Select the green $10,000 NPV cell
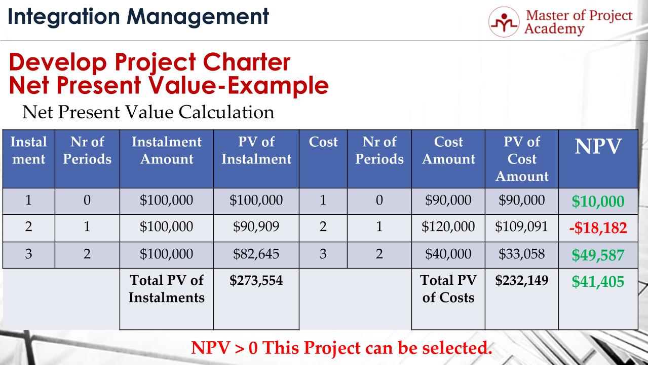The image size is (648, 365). [x=598, y=202]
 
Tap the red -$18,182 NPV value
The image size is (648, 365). [x=598, y=227]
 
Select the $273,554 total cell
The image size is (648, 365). [x=256, y=280]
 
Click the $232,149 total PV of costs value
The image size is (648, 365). [x=521, y=280]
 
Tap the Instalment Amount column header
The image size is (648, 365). [x=166, y=150]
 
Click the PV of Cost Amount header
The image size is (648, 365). [x=521, y=159]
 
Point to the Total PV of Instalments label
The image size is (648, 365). [x=166, y=288]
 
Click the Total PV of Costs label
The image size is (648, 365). [x=448, y=288]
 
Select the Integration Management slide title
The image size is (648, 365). [x=138, y=16]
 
